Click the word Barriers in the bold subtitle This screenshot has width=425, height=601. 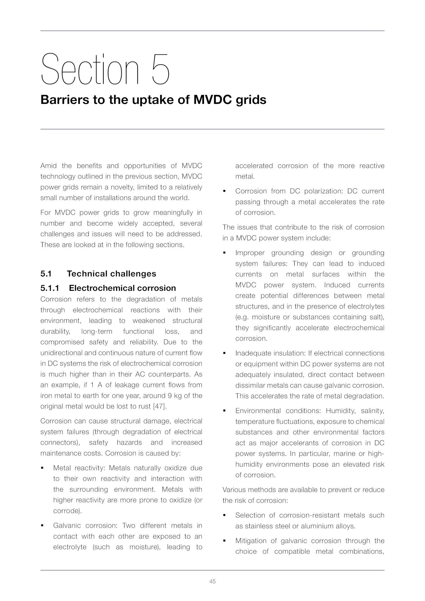[65, 100]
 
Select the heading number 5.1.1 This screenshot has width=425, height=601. [50, 288]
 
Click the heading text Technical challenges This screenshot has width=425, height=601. [111, 274]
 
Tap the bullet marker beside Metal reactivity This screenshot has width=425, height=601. [42, 468]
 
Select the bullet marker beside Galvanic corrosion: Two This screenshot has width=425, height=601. [42, 526]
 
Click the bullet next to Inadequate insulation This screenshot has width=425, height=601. [224, 353]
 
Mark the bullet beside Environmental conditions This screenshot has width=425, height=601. [224, 411]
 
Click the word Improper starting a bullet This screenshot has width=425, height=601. [250, 253]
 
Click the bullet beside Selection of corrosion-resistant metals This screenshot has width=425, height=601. [224, 515]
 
